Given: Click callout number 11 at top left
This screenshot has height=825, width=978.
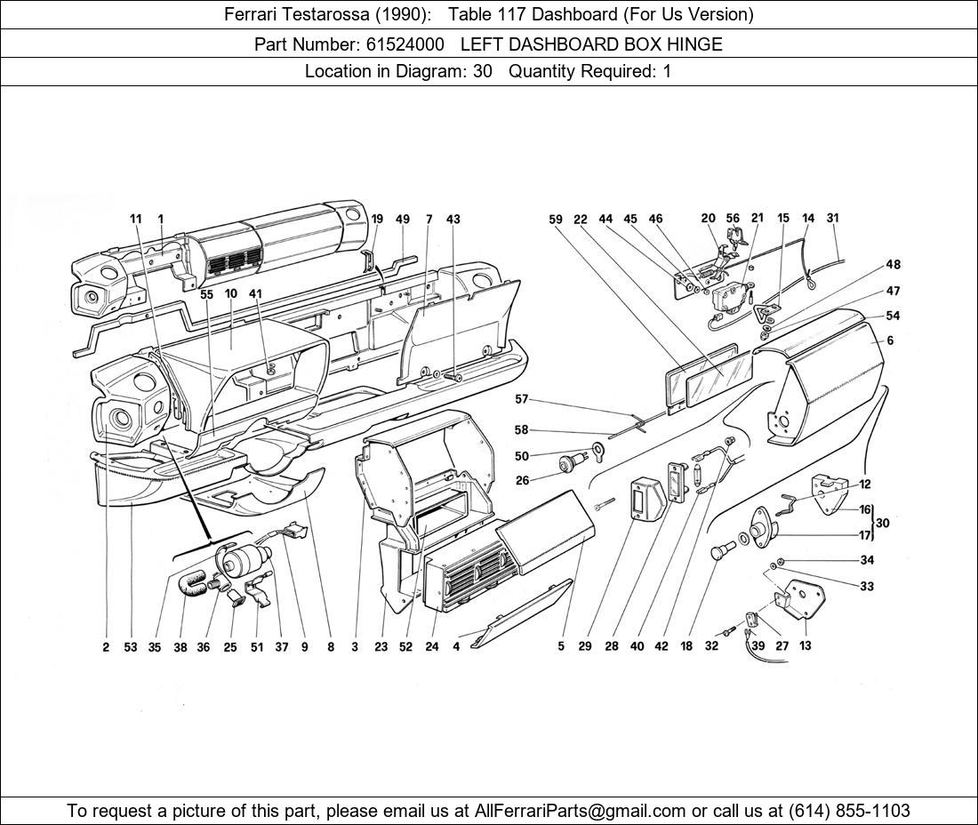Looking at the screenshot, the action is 136,219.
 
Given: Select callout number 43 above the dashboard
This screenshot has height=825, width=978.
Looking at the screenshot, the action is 453,219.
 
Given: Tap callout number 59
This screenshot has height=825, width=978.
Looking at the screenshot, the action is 556,219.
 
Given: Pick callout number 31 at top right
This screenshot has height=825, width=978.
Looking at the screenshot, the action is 833,218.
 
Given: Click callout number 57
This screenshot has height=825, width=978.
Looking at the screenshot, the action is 521,399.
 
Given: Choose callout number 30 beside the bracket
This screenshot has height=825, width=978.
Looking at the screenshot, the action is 883,523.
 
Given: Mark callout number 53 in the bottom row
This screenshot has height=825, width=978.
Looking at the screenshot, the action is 131,646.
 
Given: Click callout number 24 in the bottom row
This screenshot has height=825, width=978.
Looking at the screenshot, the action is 432,646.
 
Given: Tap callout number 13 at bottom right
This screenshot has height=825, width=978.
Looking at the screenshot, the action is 806,645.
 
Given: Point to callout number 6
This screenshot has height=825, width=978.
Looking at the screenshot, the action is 890,340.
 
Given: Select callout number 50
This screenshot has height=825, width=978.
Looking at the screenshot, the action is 521,456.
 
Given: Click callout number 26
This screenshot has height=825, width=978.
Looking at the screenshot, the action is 522,480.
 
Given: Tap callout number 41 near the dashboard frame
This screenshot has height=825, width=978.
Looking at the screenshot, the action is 256,293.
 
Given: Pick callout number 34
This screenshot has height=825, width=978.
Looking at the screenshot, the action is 867,560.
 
